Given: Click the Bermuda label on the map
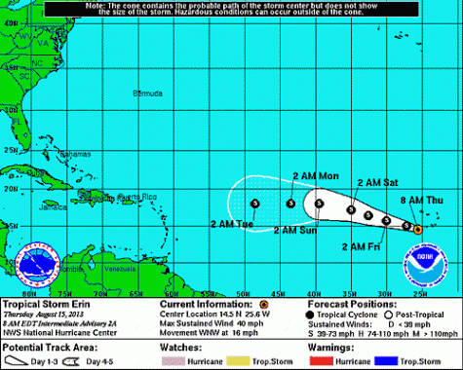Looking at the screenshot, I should (147, 93).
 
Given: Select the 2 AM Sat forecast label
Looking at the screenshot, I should (377, 181).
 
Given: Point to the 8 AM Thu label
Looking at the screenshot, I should (422, 200).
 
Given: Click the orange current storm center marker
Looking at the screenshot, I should (417, 230).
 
